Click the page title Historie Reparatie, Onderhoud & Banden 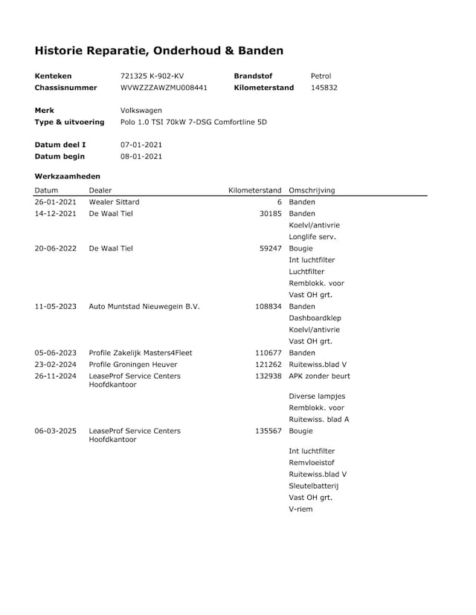pos(158,51)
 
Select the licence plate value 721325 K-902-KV pos(152,76)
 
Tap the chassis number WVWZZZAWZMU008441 pos(164,88)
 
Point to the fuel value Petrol pos(321,76)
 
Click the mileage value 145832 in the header pos(324,88)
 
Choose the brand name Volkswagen pos(141,110)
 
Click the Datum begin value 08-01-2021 pos(141,157)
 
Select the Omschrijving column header pos(312,190)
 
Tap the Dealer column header pos(100,190)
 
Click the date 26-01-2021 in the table pos(55,202)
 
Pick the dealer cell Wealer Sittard pos(114,202)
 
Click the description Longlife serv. pos(312,237)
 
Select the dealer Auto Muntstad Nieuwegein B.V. pos(144,306)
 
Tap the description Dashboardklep pos(315,318)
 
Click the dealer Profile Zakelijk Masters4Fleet pos(141,353)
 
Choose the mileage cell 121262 pos(268,365)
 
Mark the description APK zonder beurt pos(319,376)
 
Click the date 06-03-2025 pos(55,431)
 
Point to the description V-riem pos(300,509)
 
